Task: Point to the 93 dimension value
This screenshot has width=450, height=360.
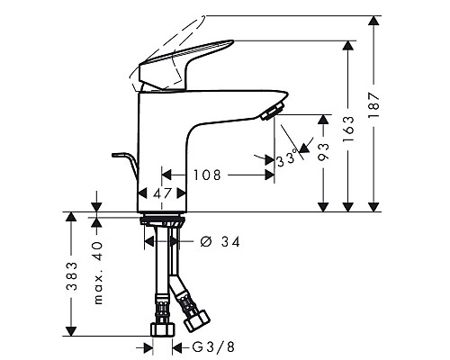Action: coord(323,151)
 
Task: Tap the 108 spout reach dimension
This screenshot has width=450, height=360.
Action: coord(207,175)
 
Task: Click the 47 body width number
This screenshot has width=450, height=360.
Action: coord(162,193)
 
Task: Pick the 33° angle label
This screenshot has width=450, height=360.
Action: coord(287,158)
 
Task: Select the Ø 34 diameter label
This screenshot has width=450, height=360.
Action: coord(220,241)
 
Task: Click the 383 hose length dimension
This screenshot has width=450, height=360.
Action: coord(72,276)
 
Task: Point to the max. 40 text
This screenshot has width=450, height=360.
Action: coord(98,273)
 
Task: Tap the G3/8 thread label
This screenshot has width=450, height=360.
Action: coord(213,347)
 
